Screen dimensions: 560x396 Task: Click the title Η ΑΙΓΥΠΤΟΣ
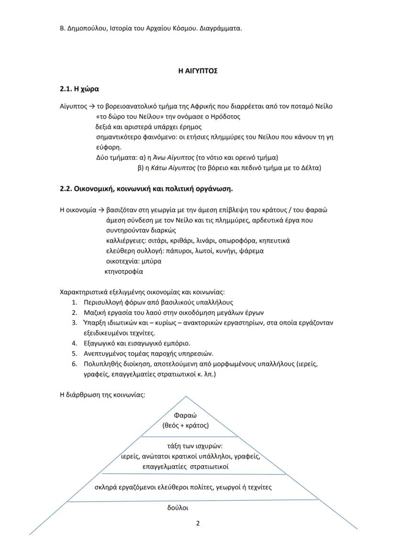[x=198, y=70]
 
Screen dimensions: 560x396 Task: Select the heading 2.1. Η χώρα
[x=79, y=89]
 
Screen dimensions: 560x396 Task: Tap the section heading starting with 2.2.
[x=146, y=188]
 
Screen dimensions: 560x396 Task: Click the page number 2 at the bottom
[x=198, y=523]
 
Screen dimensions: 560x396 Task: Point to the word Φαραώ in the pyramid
[x=185, y=416]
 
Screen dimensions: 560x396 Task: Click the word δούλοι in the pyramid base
[x=177, y=508]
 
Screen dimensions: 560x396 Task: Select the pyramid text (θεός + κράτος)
[x=186, y=425]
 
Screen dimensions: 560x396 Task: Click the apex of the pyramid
[x=186, y=396]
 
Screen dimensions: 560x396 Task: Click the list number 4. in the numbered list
[x=75, y=343]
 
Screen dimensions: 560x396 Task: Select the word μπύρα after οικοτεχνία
[x=151, y=261]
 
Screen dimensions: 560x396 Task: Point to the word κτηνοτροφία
[x=123, y=272]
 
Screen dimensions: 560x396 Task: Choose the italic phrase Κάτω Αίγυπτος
[x=173, y=168]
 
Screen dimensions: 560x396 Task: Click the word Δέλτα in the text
[x=310, y=168]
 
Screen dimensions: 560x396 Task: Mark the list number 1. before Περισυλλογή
[x=75, y=302]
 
